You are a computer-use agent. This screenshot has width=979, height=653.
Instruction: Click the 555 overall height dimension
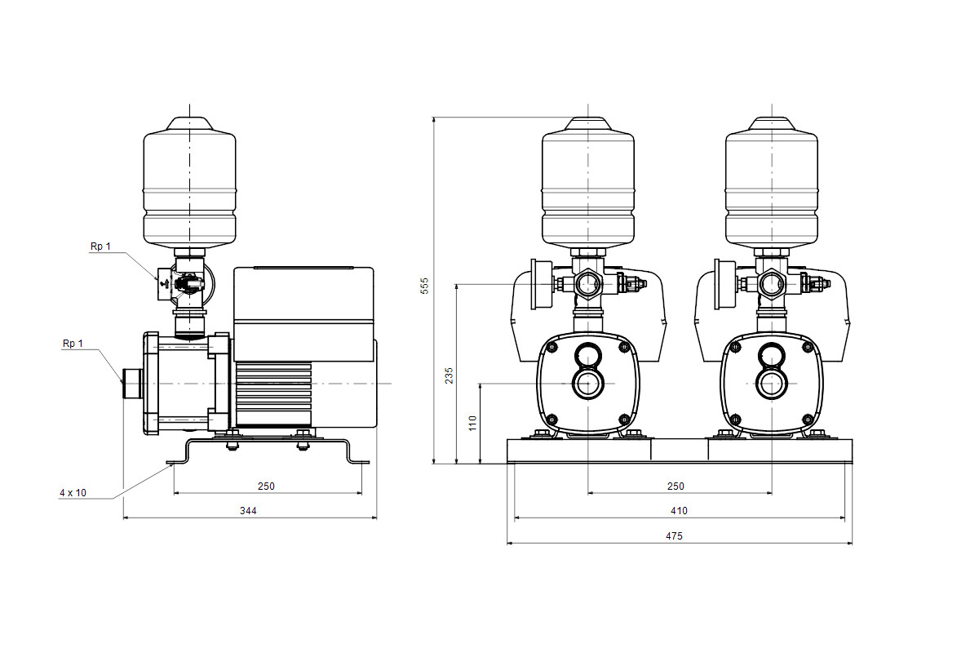click(x=424, y=286)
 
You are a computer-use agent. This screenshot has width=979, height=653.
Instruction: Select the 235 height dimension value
click(x=449, y=375)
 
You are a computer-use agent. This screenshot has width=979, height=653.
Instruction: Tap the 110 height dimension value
click(x=472, y=424)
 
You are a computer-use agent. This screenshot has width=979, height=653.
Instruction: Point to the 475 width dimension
click(x=674, y=535)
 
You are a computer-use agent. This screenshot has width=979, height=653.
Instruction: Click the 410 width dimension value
click(x=679, y=510)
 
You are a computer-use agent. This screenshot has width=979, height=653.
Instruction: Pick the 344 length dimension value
click(x=248, y=510)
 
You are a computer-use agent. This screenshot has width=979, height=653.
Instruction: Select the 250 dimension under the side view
click(x=266, y=486)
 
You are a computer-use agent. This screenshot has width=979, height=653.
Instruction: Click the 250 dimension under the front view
click(x=676, y=486)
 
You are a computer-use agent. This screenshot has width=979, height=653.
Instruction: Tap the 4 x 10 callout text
click(x=73, y=492)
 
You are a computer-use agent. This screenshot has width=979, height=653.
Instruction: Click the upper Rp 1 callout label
click(x=100, y=247)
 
